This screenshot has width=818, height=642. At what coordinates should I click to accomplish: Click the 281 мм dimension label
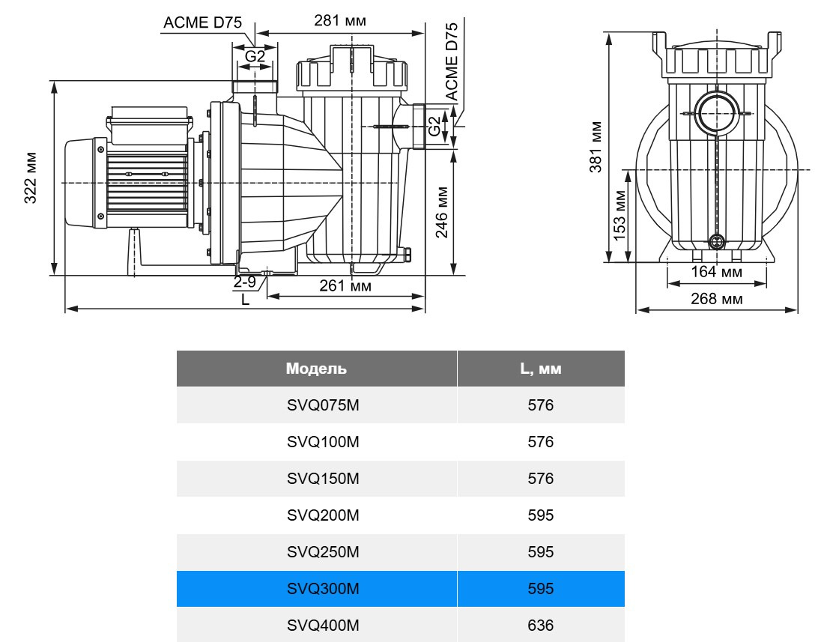pyautogui.click(x=340, y=21)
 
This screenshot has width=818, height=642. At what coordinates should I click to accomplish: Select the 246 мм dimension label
pyautogui.click(x=441, y=212)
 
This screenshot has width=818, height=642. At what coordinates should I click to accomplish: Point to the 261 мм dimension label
pyautogui.click(x=345, y=285)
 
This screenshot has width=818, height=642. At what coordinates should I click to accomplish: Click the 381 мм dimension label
pyautogui.click(x=596, y=147)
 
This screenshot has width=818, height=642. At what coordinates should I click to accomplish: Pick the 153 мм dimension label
pyautogui.click(x=620, y=215)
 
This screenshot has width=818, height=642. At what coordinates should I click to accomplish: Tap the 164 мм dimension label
pyautogui.click(x=717, y=272)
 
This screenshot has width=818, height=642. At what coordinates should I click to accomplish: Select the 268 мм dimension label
pyautogui.click(x=717, y=299)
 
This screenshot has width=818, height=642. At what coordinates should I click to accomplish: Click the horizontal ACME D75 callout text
pyautogui.click(x=203, y=22)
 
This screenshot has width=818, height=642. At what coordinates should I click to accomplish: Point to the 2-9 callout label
pyautogui.click(x=245, y=282)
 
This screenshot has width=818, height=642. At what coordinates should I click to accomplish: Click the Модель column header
pyautogui.click(x=316, y=369)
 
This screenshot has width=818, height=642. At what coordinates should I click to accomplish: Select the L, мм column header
pyautogui.click(x=540, y=369)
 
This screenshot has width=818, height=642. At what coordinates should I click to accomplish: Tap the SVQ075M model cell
pyautogui.click(x=323, y=405)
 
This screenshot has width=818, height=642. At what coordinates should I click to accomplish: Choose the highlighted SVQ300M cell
pyautogui.click(x=323, y=589)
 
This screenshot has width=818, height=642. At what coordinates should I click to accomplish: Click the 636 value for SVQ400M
pyautogui.click(x=540, y=626)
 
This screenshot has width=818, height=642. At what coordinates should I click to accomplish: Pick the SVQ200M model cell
pyautogui.click(x=323, y=515)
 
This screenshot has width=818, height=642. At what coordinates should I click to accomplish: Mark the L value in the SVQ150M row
pyautogui.click(x=540, y=479)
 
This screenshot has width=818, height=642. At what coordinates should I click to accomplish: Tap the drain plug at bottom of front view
pyautogui.click(x=717, y=242)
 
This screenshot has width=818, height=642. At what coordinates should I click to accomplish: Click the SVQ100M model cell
pyautogui.click(x=323, y=442)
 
